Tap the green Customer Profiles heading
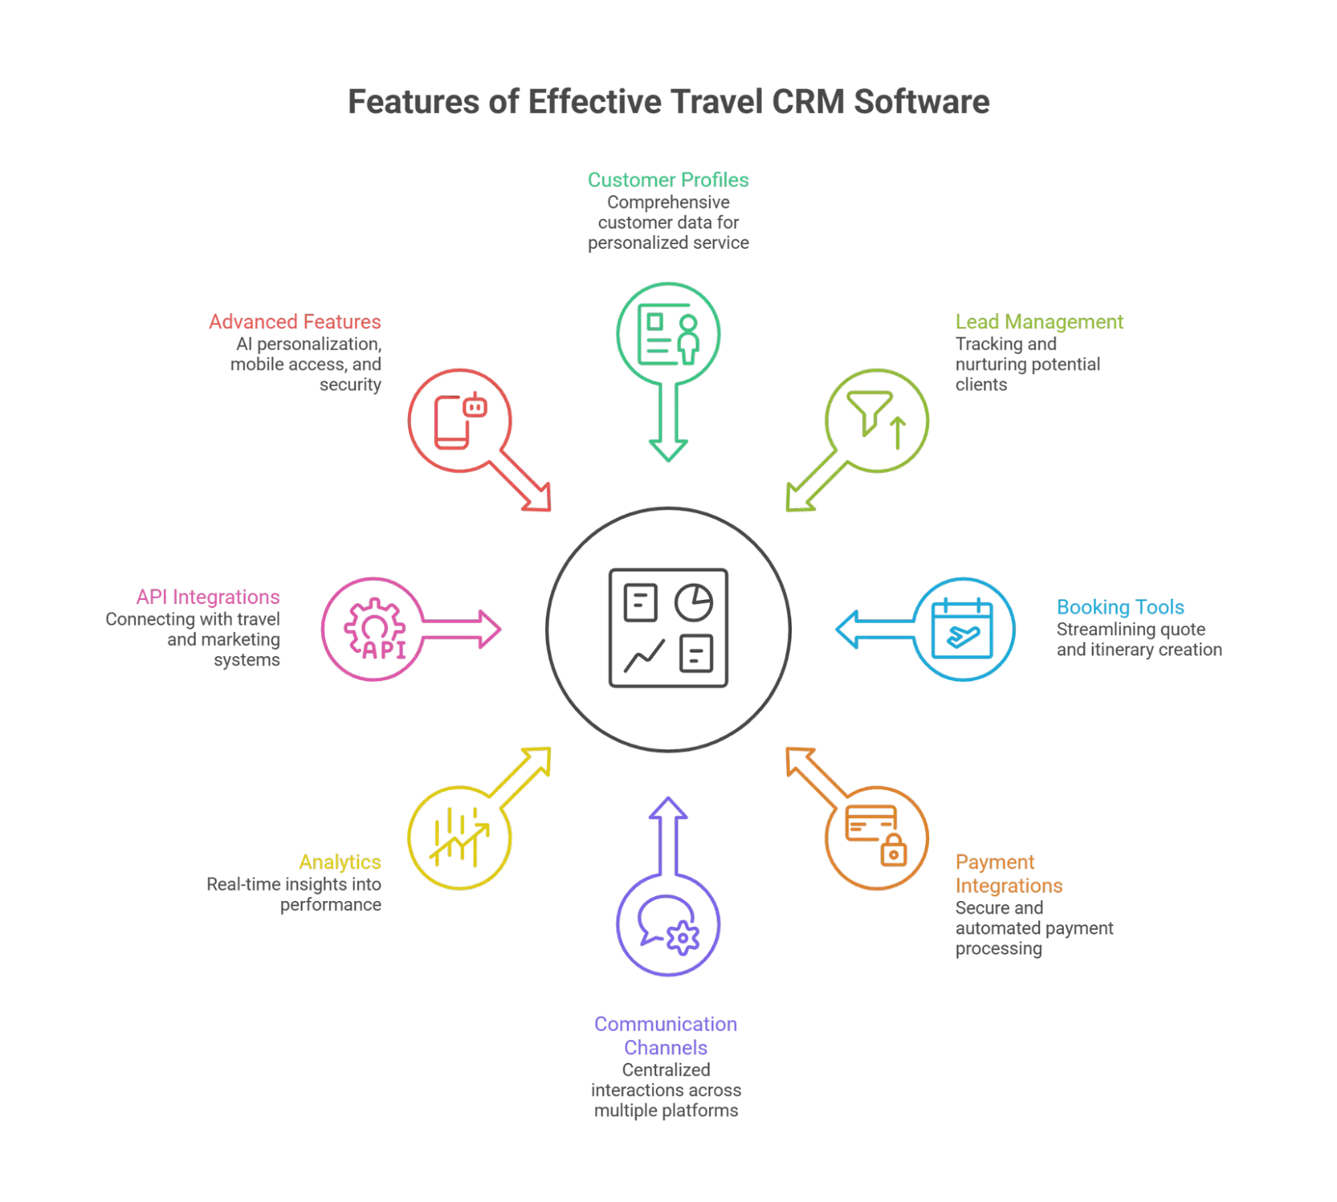[x=668, y=180]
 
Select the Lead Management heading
[x=1039, y=322]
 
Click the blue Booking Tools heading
[x=1120, y=607]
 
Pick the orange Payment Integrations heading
[x=1008, y=874]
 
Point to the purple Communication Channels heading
[x=666, y=1035]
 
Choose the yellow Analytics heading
[x=340, y=862]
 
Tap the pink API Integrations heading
[x=209, y=597]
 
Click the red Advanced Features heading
[x=295, y=322]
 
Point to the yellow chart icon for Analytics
[x=459, y=837]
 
